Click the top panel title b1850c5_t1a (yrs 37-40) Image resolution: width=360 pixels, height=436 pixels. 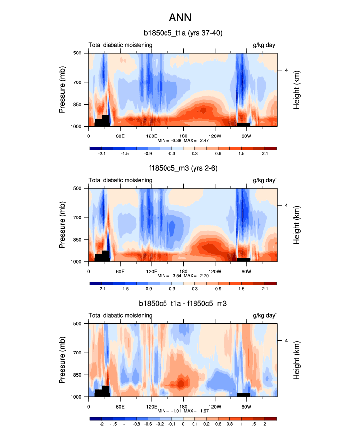point(183,34)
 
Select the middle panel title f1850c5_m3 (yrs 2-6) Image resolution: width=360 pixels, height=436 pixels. point(183,169)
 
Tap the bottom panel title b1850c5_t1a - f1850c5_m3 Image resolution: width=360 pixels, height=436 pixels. point(183,304)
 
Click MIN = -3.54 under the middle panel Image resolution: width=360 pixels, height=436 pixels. point(168,276)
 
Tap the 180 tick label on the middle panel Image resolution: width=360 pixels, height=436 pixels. point(183,271)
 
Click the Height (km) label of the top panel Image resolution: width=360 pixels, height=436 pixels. point(297,89)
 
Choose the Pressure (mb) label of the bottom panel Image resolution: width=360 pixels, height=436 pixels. point(62,360)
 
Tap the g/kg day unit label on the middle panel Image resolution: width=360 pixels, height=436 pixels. point(265,180)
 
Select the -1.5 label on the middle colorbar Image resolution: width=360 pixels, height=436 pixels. point(125,289)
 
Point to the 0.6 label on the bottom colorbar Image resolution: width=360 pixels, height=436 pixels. point(230,424)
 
